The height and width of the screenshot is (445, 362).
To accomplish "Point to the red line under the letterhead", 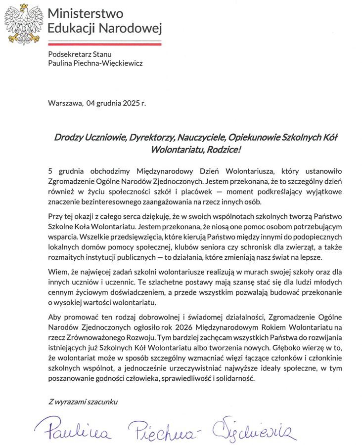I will [x=105, y=44].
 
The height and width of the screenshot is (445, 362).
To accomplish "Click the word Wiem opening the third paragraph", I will [x=57, y=272].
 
